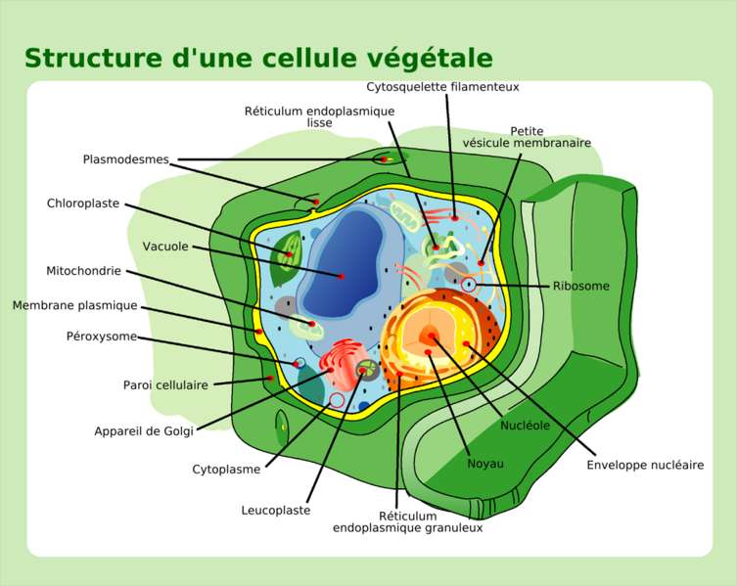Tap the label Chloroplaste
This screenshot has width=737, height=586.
click(83, 203)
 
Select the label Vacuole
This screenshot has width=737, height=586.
click(165, 247)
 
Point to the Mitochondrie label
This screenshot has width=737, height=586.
click(84, 270)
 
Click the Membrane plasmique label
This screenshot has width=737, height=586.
click(75, 305)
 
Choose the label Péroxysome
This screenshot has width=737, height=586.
click(102, 337)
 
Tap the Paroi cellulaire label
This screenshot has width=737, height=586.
click(165, 384)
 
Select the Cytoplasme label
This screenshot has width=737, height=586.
click(226, 469)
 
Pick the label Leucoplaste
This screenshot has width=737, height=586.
click(276, 510)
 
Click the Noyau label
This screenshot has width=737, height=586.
click(485, 463)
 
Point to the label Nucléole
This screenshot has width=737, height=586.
click(525, 426)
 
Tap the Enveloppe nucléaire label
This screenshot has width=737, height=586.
click(645, 465)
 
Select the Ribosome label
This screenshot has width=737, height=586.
click(581, 287)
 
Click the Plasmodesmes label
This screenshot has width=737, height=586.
click(126, 158)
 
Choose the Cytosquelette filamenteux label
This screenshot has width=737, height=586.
click(443, 86)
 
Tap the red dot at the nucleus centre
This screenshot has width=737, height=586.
click(428, 338)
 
